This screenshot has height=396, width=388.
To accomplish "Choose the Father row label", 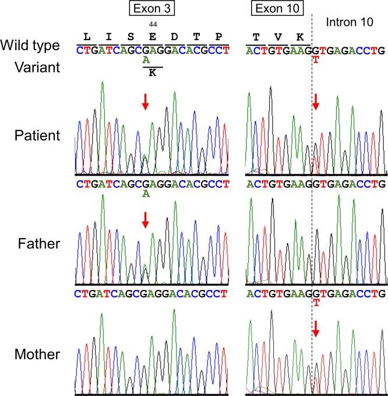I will tap(38, 243).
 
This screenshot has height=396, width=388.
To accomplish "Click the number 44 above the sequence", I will tap(153, 24).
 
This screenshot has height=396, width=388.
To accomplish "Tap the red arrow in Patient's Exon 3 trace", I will tap(146, 103).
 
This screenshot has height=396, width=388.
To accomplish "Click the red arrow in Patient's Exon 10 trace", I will tap(316, 103).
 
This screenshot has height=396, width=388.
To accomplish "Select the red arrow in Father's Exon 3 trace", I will tap(146, 219).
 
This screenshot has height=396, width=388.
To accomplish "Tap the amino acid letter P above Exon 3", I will tap(218, 37).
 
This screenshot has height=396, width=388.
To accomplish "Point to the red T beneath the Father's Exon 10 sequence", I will tap(316, 303).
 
